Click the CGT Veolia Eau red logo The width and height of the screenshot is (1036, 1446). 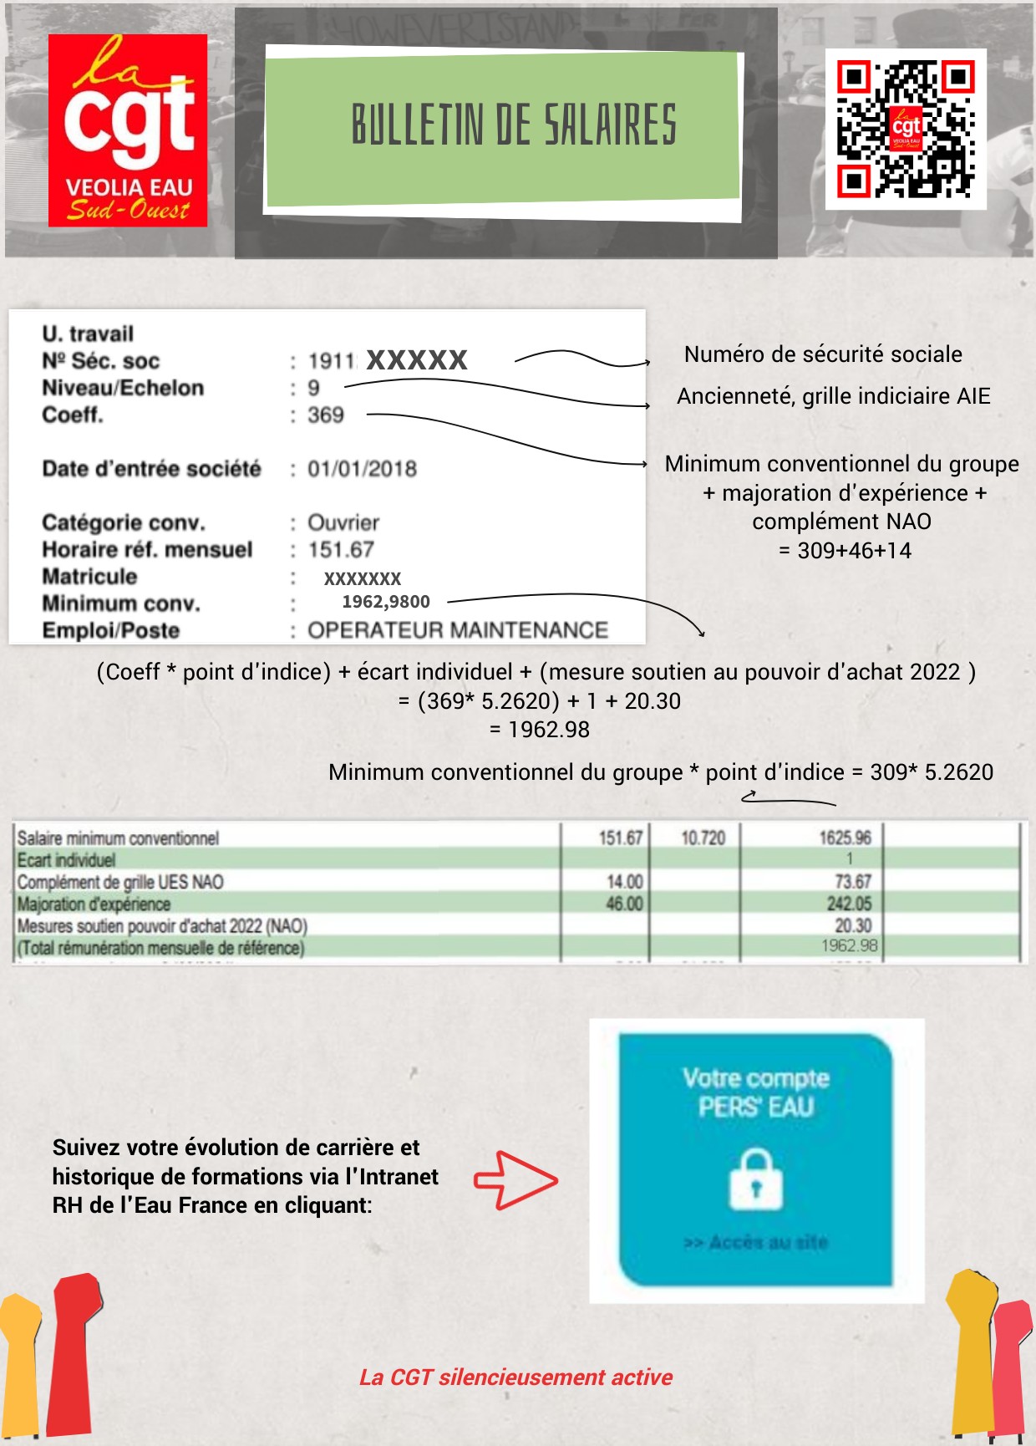tap(128, 130)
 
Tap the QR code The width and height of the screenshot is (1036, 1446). tap(906, 129)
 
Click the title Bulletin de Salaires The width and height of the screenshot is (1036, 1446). tap(513, 125)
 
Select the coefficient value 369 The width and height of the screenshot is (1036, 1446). tap(326, 415)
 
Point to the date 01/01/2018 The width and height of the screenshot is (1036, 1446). tap(362, 469)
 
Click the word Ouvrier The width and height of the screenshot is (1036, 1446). tap(343, 523)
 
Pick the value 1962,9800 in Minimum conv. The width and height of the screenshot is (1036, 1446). tap(386, 602)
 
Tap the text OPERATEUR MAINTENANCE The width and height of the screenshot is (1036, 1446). tap(458, 630)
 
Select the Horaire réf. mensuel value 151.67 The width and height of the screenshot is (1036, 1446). tap(341, 550)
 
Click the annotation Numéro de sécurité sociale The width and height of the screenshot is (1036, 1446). tap(823, 354)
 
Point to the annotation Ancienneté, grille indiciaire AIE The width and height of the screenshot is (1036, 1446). tap(833, 396)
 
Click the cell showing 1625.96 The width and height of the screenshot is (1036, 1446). tap(845, 838)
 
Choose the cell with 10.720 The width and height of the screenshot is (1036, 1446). tap(703, 838)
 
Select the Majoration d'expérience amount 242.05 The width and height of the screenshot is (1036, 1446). tap(849, 904)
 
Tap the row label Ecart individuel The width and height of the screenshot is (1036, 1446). tap(67, 860)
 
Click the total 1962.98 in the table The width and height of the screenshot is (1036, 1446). tap(849, 946)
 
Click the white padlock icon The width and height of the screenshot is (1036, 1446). tap(755, 1179)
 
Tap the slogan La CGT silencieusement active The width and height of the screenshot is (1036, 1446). tap(515, 1377)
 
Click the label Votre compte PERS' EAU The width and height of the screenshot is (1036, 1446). tap(755, 1092)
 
